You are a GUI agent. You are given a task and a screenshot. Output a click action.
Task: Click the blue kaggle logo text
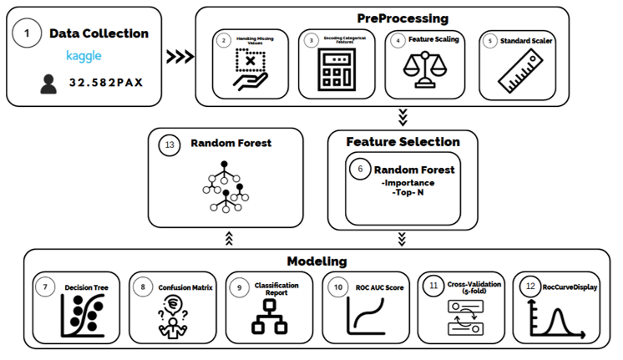click(84, 56)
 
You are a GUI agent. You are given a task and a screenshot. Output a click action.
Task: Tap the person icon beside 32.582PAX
click(49, 84)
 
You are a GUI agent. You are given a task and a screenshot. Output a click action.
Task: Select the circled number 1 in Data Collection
click(27, 33)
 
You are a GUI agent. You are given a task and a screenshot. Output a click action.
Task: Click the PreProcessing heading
click(402, 18)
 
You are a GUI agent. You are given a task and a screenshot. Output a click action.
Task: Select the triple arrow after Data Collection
click(180, 57)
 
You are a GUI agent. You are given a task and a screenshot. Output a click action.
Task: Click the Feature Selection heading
click(403, 141)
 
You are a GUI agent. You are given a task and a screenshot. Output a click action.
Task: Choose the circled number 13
click(170, 144)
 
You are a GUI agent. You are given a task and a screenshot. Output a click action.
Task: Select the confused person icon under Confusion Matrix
click(172, 318)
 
